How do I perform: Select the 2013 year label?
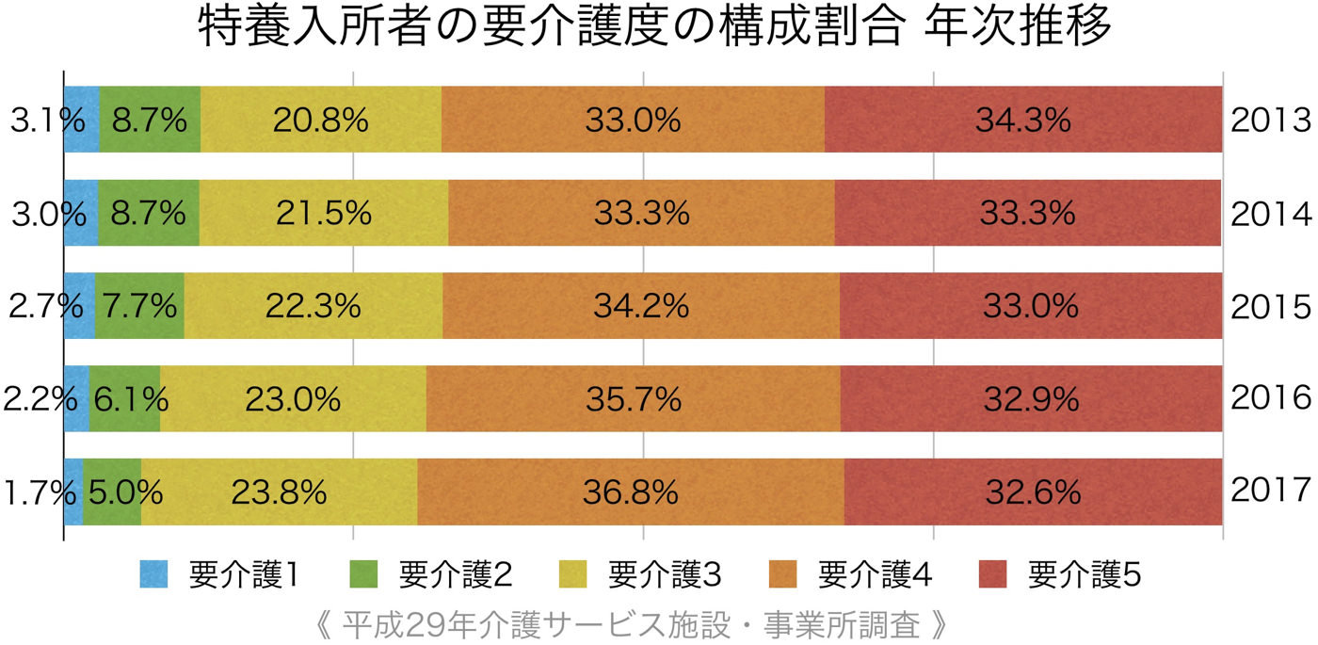click(1270, 121)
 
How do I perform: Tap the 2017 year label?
click(1270, 491)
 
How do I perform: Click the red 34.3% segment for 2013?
click(1023, 120)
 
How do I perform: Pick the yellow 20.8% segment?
click(320, 120)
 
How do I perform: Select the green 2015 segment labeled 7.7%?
click(139, 306)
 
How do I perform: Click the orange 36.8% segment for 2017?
click(630, 492)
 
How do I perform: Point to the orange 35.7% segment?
click(633, 399)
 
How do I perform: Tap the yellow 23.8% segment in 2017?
click(279, 492)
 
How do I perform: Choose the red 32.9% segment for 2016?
click(1031, 399)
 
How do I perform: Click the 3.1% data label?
click(47, 121)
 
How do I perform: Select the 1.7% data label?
click(40, 492)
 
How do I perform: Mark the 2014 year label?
click(1270, 214)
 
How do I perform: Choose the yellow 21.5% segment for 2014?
click(323, 213)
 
